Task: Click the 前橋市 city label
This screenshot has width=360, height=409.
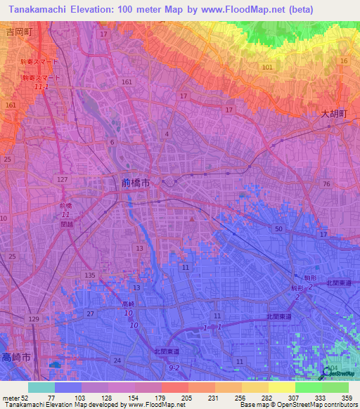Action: [135, 183]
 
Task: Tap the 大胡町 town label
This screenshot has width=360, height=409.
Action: [335, 112]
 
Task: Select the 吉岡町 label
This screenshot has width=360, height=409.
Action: [20, 32]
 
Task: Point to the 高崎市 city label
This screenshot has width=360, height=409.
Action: [15, 357]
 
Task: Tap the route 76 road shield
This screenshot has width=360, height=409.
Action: [326, 183]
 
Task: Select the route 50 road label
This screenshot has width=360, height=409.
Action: [278, 230]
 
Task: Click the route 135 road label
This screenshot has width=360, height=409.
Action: [89, 275]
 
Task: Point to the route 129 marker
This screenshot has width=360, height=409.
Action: [34, 320]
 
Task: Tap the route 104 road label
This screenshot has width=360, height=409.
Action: [332, 368]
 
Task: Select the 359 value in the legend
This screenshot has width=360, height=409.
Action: [346, 398]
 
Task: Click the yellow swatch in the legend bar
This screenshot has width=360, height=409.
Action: [281, 387]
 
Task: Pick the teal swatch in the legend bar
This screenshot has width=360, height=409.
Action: [41, 387]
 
